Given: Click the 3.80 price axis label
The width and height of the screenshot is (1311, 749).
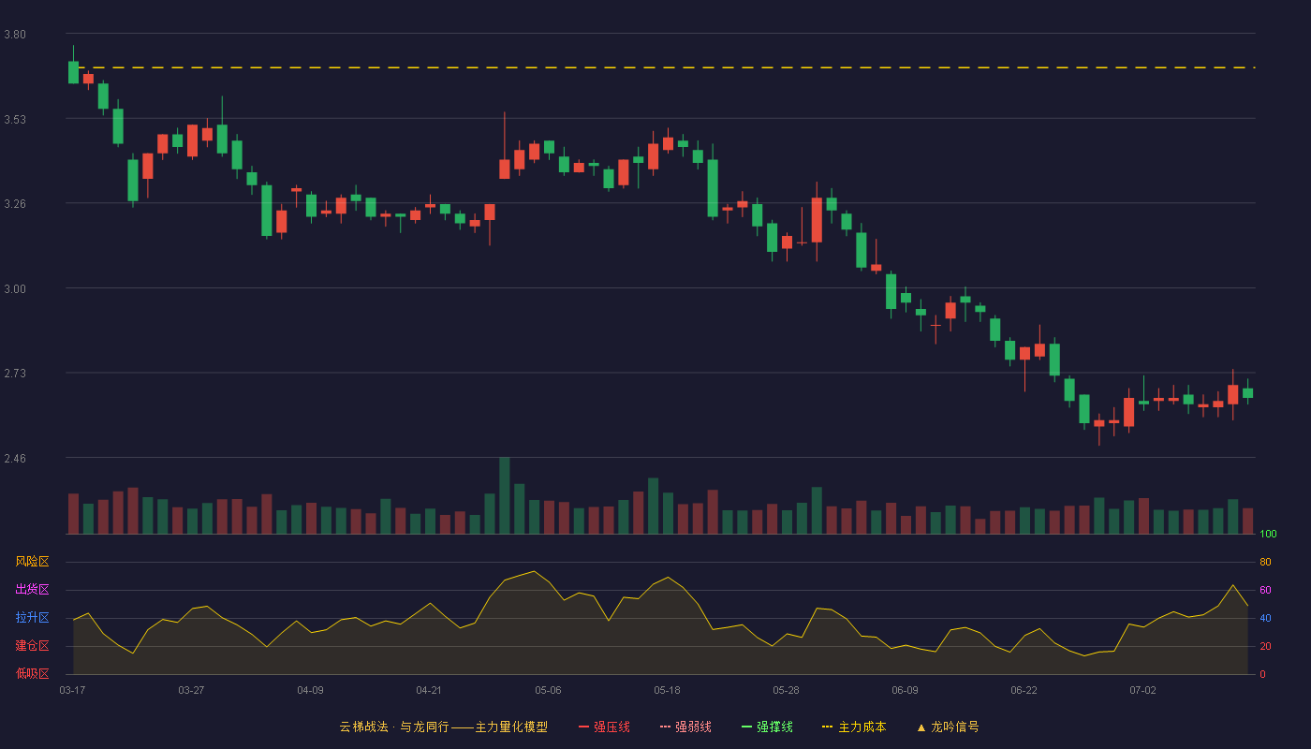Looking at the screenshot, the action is click(x=15, y=35).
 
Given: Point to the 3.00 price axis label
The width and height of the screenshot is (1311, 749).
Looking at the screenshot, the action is click(x=15, y=289).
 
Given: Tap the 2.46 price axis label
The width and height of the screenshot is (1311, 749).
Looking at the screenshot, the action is click(x=15, y=459).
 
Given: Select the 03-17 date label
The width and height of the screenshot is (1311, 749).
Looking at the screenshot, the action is click(x=73, y=691).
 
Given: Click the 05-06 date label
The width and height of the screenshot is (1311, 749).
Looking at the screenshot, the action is click(x=548, y=691).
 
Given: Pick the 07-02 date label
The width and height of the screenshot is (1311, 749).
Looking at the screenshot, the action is click(x=1142, y=691).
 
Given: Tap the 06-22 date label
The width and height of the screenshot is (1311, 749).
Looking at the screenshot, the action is click(x=1024, y=691).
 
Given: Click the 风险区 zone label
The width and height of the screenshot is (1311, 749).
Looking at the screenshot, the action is click(x=32, y=562).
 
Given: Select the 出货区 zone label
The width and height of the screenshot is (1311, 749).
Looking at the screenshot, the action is click(x=32, y=589).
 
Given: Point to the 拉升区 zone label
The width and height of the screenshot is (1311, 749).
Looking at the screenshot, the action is click(x=32, y=617).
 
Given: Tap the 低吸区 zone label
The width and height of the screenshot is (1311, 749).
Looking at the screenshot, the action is click(x=32, y=673).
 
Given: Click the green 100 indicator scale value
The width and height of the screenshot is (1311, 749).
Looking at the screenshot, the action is click(x=1268, y=534).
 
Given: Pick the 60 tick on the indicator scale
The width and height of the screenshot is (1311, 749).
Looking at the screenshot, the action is click(x=1265, y=590).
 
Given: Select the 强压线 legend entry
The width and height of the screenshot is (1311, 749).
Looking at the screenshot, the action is click(x=604, y=727).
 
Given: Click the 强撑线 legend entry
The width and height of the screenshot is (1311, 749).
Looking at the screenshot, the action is click(x=767, y=727).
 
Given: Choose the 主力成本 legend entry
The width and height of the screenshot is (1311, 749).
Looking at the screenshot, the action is click(x=854, y=727).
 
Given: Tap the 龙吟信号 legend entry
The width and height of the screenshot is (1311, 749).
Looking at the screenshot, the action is click(x=948, y=727).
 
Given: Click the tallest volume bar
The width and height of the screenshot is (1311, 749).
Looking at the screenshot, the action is click(x=505, y=495).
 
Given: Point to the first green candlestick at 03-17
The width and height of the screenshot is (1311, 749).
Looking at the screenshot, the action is click(x=73, y=72).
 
